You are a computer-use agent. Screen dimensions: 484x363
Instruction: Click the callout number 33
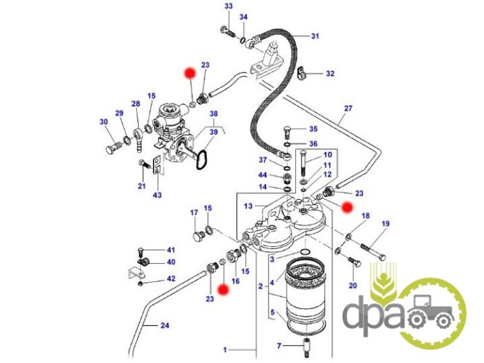click(229, 6)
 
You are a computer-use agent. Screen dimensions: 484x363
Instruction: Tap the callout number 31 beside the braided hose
click(315, 36)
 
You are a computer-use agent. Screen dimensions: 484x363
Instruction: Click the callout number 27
click(348, 108)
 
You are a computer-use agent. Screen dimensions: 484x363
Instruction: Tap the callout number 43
click(157, 195)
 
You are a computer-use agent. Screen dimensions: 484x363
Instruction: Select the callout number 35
click(313, 129)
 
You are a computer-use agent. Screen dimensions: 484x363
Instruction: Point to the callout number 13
click(248, 206)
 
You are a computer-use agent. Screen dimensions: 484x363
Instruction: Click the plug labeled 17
click(198, 235)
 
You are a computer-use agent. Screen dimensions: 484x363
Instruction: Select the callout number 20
click(353, 286)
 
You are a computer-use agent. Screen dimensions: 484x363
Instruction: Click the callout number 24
click(165, 325)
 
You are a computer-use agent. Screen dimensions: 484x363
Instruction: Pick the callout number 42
click(171, 279)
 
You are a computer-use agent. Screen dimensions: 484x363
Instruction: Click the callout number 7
click(279, 346)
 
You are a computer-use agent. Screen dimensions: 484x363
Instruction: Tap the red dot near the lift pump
click(189, 73)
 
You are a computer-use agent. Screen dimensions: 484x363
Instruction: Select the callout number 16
click(235, 281)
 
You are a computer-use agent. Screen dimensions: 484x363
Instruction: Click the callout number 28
click(136, 103)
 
